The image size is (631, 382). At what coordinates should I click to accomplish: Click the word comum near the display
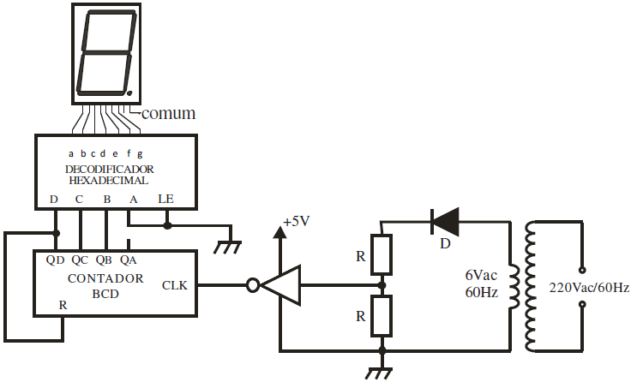pyautogui.click(x=168, y=113)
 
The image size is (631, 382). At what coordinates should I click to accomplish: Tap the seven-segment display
pyautogui.click(x=105, y=52)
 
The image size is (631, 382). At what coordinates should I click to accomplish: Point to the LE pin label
pyautogui.click(x=166, y=200)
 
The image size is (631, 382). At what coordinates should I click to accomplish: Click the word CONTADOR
pyautogui.click(x=105, y=279)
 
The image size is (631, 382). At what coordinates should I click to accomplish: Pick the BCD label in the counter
pyautogui.click(x=105, y=294)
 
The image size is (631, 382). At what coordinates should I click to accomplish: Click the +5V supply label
pyautogui.click(x=295, y=221)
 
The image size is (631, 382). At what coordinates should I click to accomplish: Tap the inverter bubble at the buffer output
pyautogui.click(x=252, y=285)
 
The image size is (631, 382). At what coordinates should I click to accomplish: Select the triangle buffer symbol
pyautogui.click(x=281, y=285)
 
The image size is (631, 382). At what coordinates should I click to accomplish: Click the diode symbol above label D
pyautogui.click(x=445, y=222)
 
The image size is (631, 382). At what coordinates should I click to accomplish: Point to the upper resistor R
pyautogui.click(x=382, y=254)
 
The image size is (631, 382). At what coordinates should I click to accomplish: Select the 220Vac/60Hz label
pyautogui.click(x=588, y=288)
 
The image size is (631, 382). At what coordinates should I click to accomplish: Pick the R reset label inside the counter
pyautogui.click(x=62, y=304)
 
